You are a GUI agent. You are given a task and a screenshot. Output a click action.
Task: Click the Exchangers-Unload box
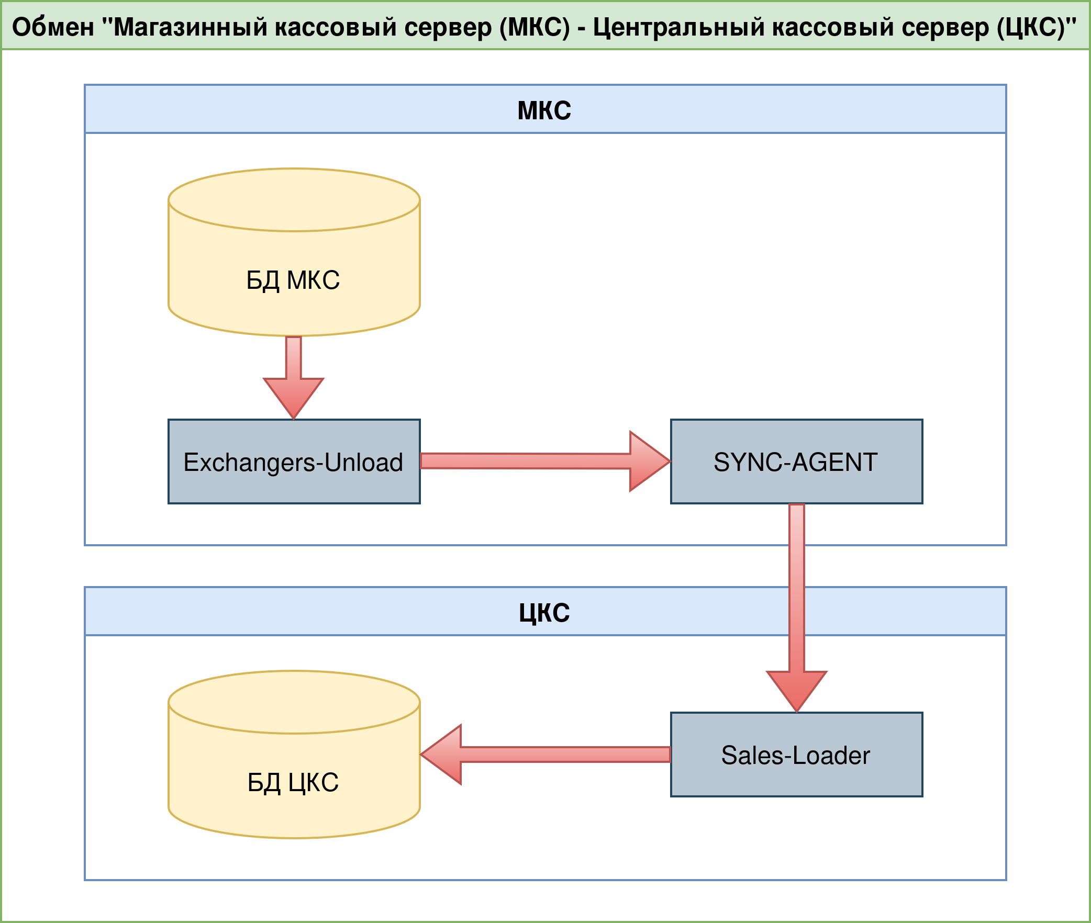click(294, 462)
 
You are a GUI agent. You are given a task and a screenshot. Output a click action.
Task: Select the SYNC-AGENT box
click(796, 462)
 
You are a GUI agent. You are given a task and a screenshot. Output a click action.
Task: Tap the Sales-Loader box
click(796, 755)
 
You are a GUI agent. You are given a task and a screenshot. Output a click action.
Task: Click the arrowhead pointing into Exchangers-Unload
click(294, 398)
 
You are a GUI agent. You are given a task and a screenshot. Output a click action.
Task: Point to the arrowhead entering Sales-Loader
click(796, 691)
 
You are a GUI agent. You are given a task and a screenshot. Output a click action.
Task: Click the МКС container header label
click(544, 110)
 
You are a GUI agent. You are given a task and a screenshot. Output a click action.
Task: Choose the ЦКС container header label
click(544, 613)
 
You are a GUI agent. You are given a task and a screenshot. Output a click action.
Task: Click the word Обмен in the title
click(53, 27)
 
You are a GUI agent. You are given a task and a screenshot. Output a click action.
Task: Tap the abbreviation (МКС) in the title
click(535, 27)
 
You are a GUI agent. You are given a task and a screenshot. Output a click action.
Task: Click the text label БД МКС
click(293, 280)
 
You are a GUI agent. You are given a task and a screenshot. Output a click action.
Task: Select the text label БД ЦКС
click(293, 783)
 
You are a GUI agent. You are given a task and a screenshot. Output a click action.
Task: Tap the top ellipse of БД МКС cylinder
click(294, 200)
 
